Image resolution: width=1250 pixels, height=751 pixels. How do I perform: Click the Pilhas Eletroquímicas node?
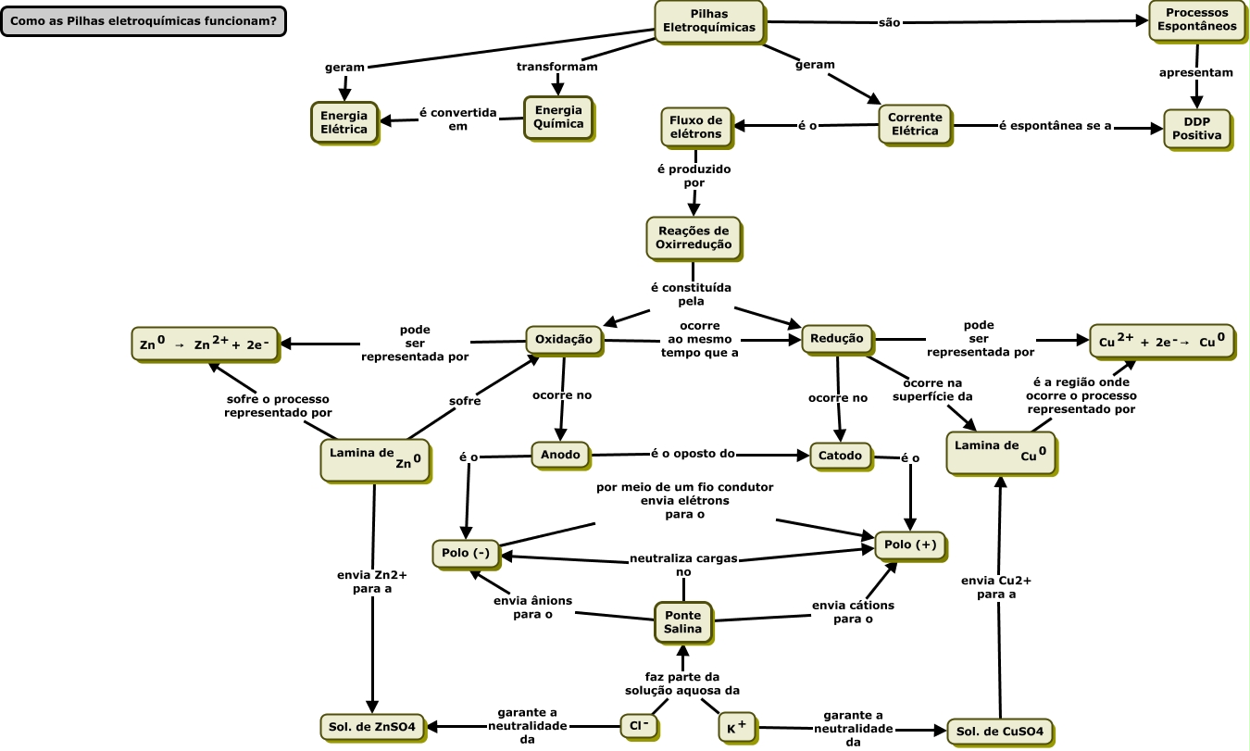708,20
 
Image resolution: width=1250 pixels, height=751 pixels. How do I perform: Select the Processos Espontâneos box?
1196,19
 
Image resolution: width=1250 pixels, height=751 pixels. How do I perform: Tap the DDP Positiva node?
1196,128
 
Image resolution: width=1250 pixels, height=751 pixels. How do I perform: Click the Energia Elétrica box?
344,122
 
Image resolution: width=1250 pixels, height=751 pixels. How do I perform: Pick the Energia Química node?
558,117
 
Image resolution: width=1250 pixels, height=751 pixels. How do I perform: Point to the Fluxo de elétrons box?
695,127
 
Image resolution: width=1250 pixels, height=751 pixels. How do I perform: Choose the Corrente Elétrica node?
914,124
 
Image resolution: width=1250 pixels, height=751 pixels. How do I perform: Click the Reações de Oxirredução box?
693,237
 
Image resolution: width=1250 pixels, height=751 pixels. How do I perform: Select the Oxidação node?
564,340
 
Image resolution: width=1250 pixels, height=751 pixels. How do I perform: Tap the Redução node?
836,339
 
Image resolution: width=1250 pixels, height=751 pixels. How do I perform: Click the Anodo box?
560,455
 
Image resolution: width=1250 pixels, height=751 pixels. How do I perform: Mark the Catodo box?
841,455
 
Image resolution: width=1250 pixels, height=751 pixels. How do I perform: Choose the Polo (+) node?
910,544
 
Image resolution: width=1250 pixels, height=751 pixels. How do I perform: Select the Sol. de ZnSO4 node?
372,725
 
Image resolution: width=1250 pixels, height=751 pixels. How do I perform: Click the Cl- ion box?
638,725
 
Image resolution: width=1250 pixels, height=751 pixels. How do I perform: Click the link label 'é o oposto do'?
693,454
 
